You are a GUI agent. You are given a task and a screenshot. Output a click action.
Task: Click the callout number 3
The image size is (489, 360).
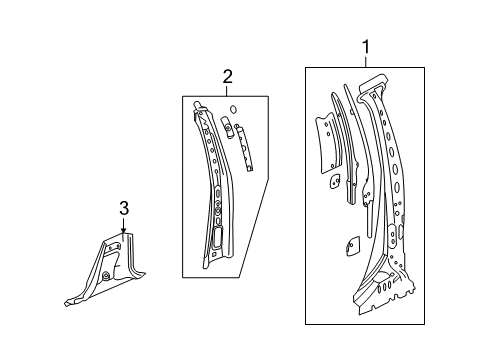(124, 208)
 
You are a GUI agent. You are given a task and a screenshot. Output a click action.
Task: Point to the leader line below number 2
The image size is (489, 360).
(228, 89)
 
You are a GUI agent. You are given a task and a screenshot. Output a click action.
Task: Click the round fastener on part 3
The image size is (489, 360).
(107, 277)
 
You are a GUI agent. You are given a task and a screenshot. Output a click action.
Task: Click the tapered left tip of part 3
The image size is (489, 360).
(67, 298)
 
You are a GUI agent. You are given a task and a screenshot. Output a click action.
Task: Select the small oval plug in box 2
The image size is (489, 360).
(231, 109)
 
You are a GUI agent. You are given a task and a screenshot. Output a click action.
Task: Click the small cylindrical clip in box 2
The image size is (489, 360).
(226, 127)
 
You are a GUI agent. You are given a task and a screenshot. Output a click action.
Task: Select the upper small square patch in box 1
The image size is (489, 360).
(337, 182)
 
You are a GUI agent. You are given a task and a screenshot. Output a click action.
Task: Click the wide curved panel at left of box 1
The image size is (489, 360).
(325, 135)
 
